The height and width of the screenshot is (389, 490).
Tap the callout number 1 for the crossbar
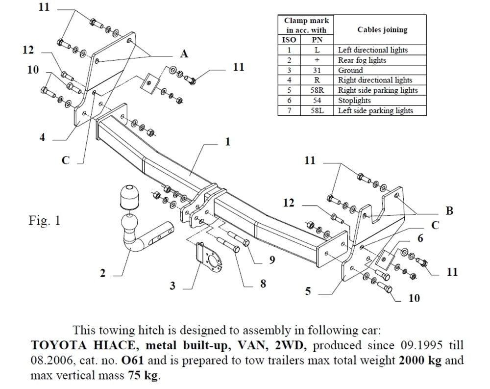click(x=228, y=142)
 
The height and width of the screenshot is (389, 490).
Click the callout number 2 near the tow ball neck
click(x=102, y=273)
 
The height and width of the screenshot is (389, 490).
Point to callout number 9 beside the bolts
click(x=272, y=259)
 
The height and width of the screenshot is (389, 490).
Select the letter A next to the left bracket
click(x=184, y=53)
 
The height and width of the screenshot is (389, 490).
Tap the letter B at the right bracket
click(x=449, y=211)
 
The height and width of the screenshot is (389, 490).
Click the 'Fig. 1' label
click(x=44, y=221)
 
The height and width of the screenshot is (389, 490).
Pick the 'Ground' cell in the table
click(x=350, y=70)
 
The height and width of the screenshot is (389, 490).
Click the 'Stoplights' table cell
click(x=354, y=101)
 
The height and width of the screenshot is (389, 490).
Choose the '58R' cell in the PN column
click(x=317, y=90)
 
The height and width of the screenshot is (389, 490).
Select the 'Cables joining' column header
click(x=382, y=29)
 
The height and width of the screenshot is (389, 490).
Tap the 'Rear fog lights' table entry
click(x=362, y=60)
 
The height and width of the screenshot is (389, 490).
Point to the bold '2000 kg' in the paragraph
click(x=420, y=361)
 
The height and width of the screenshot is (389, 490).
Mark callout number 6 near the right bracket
click(x=420, y=239)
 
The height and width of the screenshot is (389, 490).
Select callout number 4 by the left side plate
click(x=42, y=138)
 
